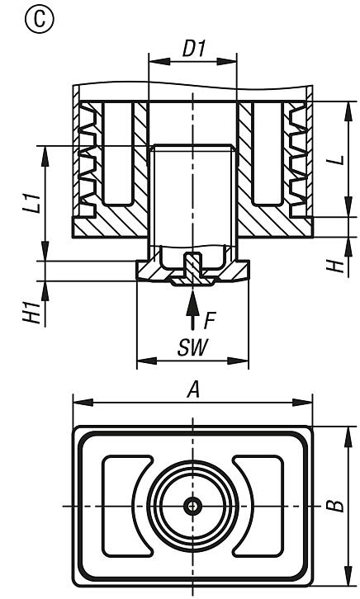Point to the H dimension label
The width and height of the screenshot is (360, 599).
pos(336,265)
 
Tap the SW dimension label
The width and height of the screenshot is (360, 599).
pos(192,347)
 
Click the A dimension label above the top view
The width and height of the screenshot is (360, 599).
pos(193,391)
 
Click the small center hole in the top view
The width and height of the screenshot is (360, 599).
pos(192,505)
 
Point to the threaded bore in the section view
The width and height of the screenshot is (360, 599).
pos(192,190)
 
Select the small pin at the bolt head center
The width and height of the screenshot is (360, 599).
pos(192,266)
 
